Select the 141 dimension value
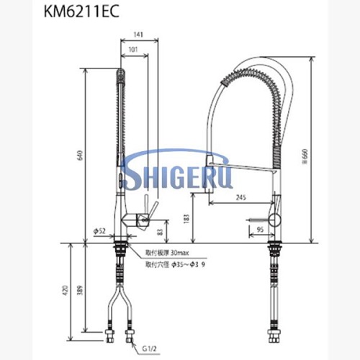point(139,32)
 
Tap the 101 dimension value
point(133,50)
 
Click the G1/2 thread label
point(150,348)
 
